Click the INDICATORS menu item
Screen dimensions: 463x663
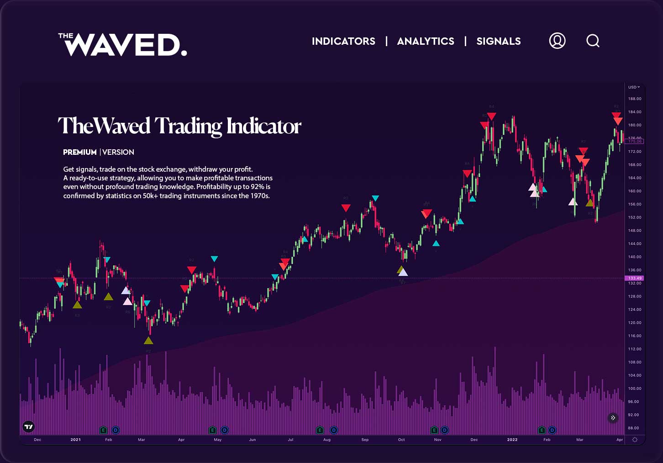click(x=343, y=41)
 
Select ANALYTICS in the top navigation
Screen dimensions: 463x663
click(x=426, y=41)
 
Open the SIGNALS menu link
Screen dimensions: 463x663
click(x=498, y=41)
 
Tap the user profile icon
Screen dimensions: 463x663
click(x=557, y=41)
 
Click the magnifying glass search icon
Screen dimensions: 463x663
click(x=593, y=41)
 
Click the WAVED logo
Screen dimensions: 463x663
click(x=123, y=45)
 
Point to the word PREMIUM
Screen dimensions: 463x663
click(x=80, y=152)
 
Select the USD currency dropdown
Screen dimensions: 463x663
click(x=634, y=87)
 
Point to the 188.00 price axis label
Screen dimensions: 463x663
click(x=634, y=99)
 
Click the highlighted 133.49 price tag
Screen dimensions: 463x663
click(x=635, y=278)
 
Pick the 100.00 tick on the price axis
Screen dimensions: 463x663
click(x=634, y=389)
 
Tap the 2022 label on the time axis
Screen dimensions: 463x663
click(x=512, y=440)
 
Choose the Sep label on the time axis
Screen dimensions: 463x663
click(x=365, y=440)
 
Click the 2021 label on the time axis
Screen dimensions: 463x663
click(x=75, y=440)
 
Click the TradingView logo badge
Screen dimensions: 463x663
click(x=28, y=427)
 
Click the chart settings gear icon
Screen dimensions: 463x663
click(x=634, y=440)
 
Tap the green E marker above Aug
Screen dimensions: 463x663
click(x=320, y=430)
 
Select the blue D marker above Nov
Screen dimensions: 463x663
click(x=444, y=430)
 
